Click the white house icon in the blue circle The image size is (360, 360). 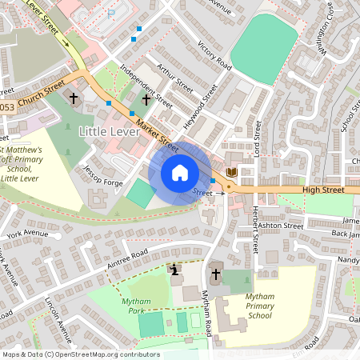(x=179, y=173)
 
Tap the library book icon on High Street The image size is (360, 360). (x=232, y=173)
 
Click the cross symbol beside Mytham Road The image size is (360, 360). (x=215, y=274)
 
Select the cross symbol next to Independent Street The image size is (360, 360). (x=146, y=99)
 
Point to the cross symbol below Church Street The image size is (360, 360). (x=74, y=98)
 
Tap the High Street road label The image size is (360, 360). (x=322, y=190)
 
